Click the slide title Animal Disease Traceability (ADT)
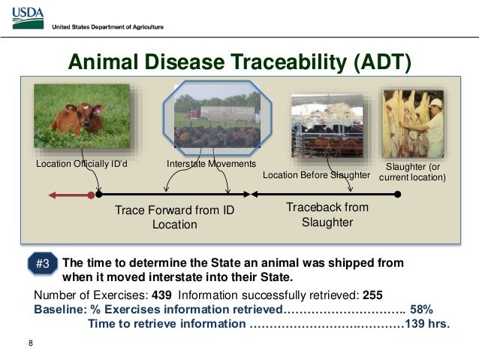point(239,60)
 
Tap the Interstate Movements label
point(210,163)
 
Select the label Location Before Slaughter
point(316,175)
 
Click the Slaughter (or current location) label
point(412,172)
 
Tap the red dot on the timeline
point(92,195)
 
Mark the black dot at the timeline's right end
point(398,194)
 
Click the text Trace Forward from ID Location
point(174,217)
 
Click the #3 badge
point(43,264)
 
